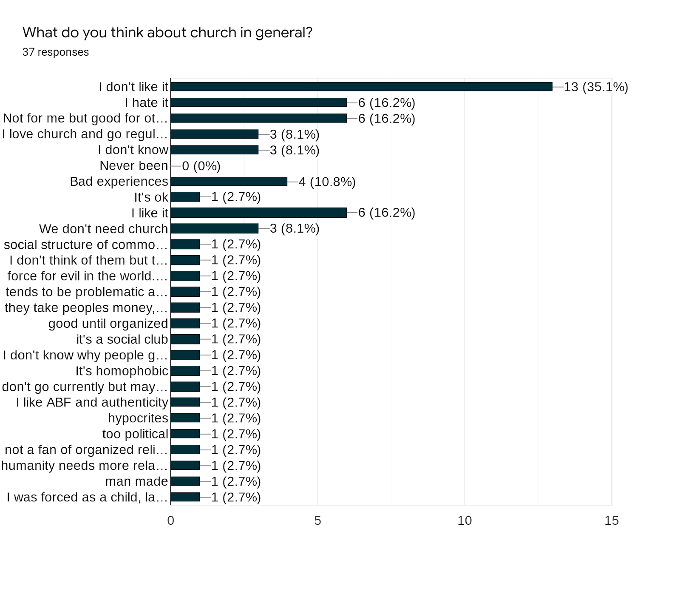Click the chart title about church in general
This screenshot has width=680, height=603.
pos(167,32)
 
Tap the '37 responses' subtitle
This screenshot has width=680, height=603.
pos(56,52)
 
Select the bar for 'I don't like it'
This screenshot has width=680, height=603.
pos(361,87)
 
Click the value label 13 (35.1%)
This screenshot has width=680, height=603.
pos(596,87)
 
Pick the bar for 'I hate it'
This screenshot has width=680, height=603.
pos(258,102)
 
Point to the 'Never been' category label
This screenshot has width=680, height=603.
pos(134,165)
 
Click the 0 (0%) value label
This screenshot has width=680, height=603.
pos(201,166)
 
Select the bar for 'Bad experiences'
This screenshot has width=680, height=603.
pos(229,182)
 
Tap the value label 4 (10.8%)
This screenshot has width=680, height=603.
pos(327,182)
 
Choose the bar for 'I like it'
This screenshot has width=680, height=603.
pos(258,213)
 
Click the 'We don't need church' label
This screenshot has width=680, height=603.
pos(104,229)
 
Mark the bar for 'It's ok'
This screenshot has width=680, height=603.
pos(185,197)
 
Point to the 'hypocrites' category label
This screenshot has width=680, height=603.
pos(138,418)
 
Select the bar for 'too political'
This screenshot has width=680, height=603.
pos(185,434)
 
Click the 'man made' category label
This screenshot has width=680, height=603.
pos(137,481)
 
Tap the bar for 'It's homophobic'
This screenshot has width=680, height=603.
pos(185,371)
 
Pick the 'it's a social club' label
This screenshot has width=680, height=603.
pos(122,339)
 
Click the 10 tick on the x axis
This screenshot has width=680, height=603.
pos(465,521)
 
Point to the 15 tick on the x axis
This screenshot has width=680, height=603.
pos(612,521)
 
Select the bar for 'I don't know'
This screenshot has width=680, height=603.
pos(215,150)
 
